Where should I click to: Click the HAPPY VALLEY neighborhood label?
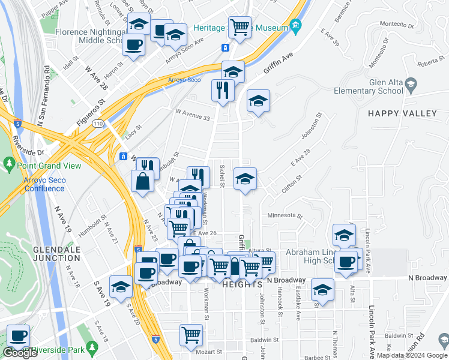tap(402, 113)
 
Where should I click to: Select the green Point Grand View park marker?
tap(9, 163)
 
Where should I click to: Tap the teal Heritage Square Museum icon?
tap(295, 25)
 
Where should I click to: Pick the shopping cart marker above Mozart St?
tap(191, 334)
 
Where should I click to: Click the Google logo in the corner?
tap(20, 353)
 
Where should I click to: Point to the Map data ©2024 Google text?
tap(412, 355)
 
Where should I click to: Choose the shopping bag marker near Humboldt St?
tap(143, 181)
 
